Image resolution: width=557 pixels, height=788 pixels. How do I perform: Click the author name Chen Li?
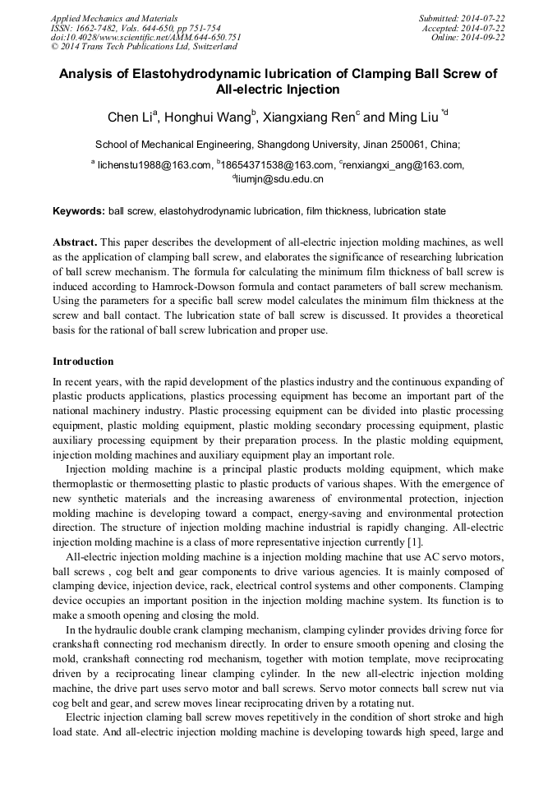(x=127, y=118)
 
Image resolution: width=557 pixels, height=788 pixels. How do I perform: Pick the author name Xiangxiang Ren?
(x=309, y=118)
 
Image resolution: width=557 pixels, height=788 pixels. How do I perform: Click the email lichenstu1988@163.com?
(x=154, y=165)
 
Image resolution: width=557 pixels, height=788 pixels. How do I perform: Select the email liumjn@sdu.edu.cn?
(x=280, y=178)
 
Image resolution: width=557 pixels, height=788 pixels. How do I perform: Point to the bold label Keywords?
(x=79, y=211)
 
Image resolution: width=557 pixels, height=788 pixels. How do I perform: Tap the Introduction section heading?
(x=83, y=362)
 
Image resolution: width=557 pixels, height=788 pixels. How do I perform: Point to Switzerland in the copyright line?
(x=207, y=47)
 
